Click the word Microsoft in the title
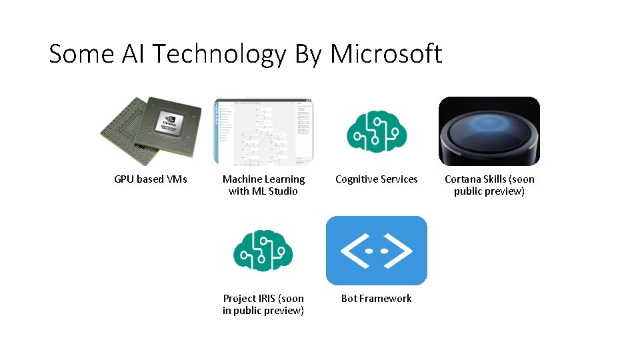click(386, 54)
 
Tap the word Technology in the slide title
click(206, 54)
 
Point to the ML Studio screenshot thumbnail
click(263, 131)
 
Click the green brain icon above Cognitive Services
click(377, 131)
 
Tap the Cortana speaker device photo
click(489, 131)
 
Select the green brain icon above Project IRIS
click(263, 251)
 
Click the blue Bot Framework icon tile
click(377, 251)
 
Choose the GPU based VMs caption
click(151, 179)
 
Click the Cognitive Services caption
click(377, 179)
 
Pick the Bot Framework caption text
click(377, 299)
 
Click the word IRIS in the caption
click(267, 299)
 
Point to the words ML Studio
click(274, 191)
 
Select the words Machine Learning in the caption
click(263, 179)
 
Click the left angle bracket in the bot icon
click(352, 251)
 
